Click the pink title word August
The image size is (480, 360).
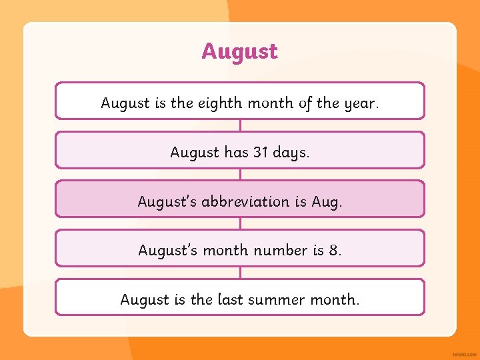point(239,51)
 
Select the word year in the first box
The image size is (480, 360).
point(359,103)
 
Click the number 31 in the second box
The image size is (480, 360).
point(260,152)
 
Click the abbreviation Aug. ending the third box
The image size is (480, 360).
point(327,201)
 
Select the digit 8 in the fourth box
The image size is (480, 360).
point(334,250)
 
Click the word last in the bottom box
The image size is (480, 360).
point(231,299)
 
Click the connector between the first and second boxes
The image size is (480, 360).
point(240,125)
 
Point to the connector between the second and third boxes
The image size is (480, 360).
point(240,174)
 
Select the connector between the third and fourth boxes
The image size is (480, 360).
point(240,223)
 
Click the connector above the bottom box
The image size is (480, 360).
point(240,273)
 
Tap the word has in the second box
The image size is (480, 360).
point(236,152)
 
